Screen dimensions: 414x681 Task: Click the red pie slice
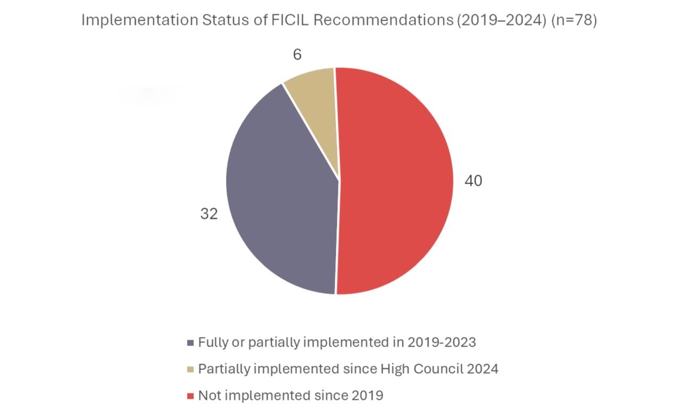pos(394,181)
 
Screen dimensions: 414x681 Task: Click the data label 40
pos(473,181)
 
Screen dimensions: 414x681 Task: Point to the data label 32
pos(209,214)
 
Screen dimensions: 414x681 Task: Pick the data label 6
pos(297,55)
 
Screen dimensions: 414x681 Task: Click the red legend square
pos(191,396)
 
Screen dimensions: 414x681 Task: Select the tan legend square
pos(191,369)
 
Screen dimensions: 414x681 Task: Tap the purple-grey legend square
pos(191,343)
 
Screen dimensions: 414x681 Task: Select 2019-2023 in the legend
pos(442,342)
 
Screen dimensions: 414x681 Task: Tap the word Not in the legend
pos(208,395)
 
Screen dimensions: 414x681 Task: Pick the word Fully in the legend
pos(212,342)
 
